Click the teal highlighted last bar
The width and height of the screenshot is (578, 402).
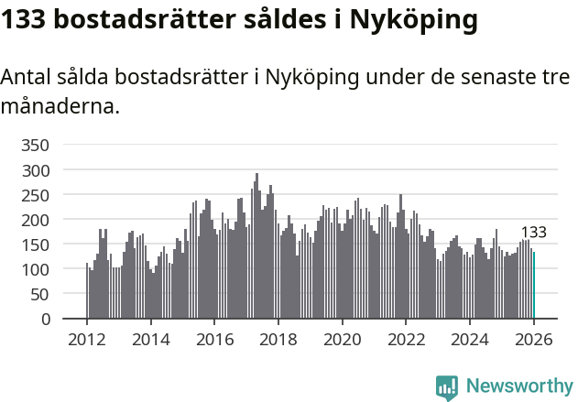tap(534, 286)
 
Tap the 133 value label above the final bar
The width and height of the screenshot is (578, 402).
tap(534, 233)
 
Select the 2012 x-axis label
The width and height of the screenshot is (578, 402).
tap(87, 339)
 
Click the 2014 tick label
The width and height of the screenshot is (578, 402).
tap(151, 339)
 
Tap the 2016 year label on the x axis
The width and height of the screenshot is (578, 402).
tap(215, 339)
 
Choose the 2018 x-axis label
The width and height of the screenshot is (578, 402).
tap(278, 339)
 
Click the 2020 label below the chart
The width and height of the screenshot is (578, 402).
tap(343, 339)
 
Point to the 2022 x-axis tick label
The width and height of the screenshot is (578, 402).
tap(407, 339)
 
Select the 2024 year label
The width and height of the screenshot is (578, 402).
tap(470, 339)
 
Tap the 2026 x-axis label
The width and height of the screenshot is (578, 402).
tap(534, 339)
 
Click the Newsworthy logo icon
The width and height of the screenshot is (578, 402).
tap(447, 387)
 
